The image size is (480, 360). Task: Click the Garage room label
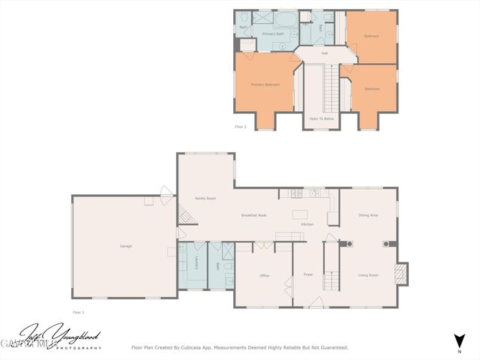click(126, 246)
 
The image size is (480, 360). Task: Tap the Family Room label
click(205, 199)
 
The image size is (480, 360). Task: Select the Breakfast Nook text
click(254, 215)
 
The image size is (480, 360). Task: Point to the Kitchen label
click(307, 224)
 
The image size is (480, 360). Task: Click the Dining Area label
click(367, 215)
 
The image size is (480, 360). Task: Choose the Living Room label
click(367, 275)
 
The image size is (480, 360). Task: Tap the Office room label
click(264, 276)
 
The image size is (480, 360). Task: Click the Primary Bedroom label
click(265, 85)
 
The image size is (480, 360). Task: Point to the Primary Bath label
click(273, 34)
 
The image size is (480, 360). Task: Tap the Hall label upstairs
click(325, 53)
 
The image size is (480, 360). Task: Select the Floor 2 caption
click(241, 127)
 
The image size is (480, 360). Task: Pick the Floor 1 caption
click(79, 311)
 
